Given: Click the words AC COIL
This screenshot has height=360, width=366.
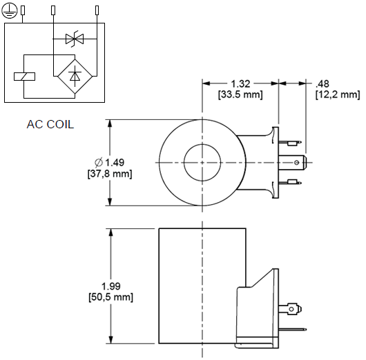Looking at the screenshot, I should [x=50, y=125].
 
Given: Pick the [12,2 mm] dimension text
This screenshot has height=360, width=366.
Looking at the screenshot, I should [x=337, y=94].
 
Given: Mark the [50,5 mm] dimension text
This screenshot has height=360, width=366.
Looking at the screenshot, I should [x=111, y=297].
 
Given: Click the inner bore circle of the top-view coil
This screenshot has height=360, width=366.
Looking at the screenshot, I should [x=202, y=162].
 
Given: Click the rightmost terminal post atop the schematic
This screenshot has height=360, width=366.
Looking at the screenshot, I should [x=97, y=10].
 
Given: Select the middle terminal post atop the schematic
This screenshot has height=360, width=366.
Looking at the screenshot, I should [x=53, y=10].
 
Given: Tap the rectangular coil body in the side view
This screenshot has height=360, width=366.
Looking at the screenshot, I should [x=200, y=286].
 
